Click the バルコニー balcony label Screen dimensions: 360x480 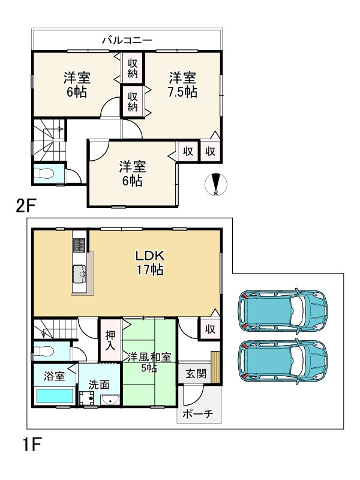tap(127, 40)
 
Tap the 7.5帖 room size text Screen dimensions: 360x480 tap(182, 92)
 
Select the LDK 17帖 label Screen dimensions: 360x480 tap(150, 263)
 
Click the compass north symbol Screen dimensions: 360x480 tap(216, 184)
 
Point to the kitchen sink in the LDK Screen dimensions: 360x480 tap(79, 274)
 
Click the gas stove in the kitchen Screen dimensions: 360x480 tap(79, 245)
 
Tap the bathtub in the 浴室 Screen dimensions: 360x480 tap(55, 396)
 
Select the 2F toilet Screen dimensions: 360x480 tap(44, 173)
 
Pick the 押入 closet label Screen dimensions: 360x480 tap(110, 340)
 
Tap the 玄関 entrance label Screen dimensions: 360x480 tap(196, 373)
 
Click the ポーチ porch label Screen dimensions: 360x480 tap(197, 414)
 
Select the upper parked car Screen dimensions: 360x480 tap(283, 310)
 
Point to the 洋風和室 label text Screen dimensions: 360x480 tap(149, 357)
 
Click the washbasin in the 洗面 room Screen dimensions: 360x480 tap(110, 400)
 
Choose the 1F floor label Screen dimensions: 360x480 tap(32, 445)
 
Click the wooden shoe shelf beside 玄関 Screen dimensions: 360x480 tap(215, 367)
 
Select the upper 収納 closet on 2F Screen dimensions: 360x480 tap(133, 68)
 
